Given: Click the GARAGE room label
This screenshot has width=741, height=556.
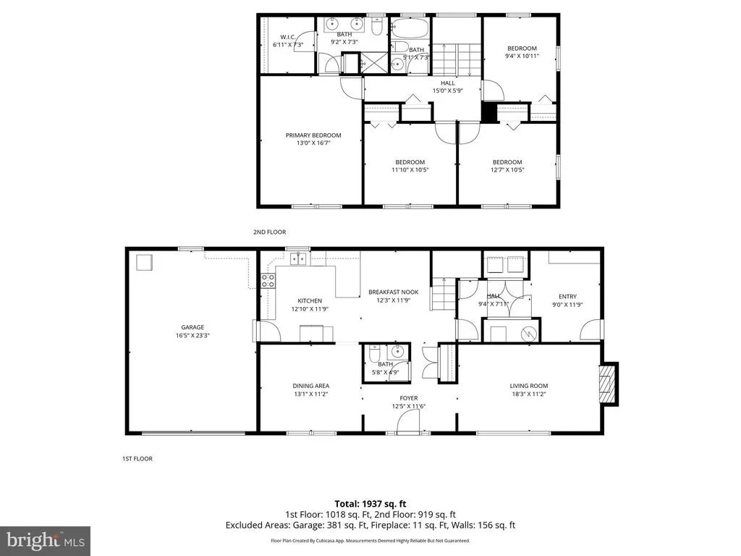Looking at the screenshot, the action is click(192, 327).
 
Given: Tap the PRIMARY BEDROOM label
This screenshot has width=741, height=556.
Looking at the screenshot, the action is click(313, 135).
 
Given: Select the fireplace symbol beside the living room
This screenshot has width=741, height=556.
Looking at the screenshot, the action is click(608, 384).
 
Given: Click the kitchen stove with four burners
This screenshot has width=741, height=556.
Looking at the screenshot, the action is click(268, 281).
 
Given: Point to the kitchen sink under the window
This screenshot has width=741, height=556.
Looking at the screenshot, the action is click(298, 259).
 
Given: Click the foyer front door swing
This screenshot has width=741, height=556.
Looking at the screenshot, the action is click(408, 421).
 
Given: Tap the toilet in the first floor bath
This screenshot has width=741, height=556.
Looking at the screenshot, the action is click(374, 353).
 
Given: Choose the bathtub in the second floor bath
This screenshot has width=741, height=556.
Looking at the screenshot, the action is click(410, 28).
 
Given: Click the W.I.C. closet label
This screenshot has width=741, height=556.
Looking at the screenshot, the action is click(288, 37).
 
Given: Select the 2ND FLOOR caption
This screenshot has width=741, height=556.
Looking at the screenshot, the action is click(269, 232).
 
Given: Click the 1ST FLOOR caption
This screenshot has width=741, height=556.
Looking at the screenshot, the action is click(137, 458).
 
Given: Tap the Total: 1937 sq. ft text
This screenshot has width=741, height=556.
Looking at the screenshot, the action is click(370, 504).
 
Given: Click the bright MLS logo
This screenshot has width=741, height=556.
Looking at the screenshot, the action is click(46, 540).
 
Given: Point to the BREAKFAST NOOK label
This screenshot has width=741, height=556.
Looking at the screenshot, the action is click(394, 292).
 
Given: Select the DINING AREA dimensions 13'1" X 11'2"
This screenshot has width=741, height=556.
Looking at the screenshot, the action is click(311, 394).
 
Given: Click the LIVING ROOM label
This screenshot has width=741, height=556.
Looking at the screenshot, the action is click(529, 386).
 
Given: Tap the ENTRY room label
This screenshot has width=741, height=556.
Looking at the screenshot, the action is click(567, 296).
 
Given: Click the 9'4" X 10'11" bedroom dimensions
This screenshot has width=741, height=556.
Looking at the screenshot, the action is click(522, 56).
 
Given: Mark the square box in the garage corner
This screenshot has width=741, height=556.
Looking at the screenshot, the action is click(145, 262).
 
